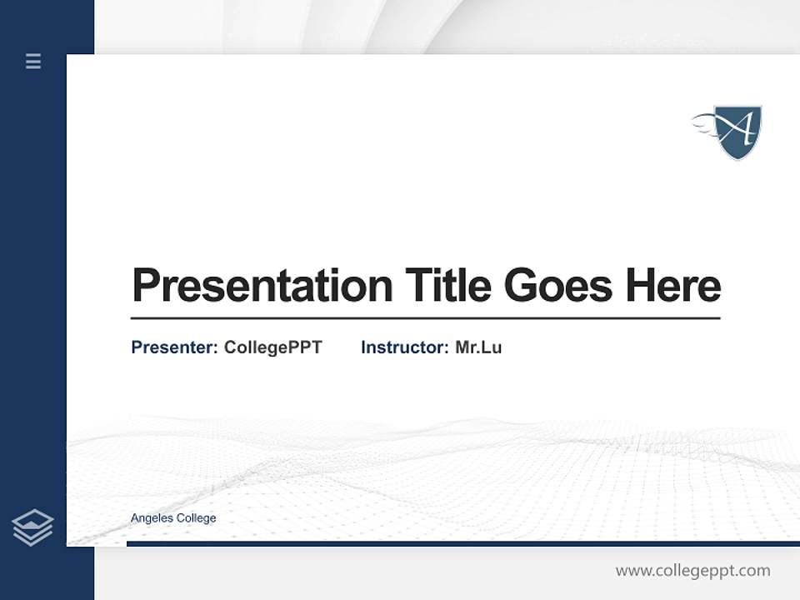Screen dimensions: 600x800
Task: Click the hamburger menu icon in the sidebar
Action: [x=33, y=61]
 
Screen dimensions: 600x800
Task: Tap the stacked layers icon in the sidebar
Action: [x=32, y=527]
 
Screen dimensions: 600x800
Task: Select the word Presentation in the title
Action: [x=262, y=286]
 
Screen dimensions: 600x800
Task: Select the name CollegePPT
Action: [x=273, y=347]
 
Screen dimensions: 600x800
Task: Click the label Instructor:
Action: [x=405, y=347]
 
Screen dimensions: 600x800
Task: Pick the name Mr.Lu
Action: [x=478, y=347]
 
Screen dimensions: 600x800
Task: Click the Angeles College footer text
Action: [x=173, y=518]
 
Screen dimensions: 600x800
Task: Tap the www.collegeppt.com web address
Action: [x=692, y=571]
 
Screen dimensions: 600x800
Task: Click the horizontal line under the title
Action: [x=425, y=317]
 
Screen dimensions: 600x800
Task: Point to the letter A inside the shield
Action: [x=739, y=128]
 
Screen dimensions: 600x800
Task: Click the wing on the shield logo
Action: [x=705, y=123]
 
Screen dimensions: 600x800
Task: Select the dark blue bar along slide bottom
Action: [x=462, y=543]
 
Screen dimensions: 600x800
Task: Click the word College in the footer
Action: [x=197, y=518]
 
